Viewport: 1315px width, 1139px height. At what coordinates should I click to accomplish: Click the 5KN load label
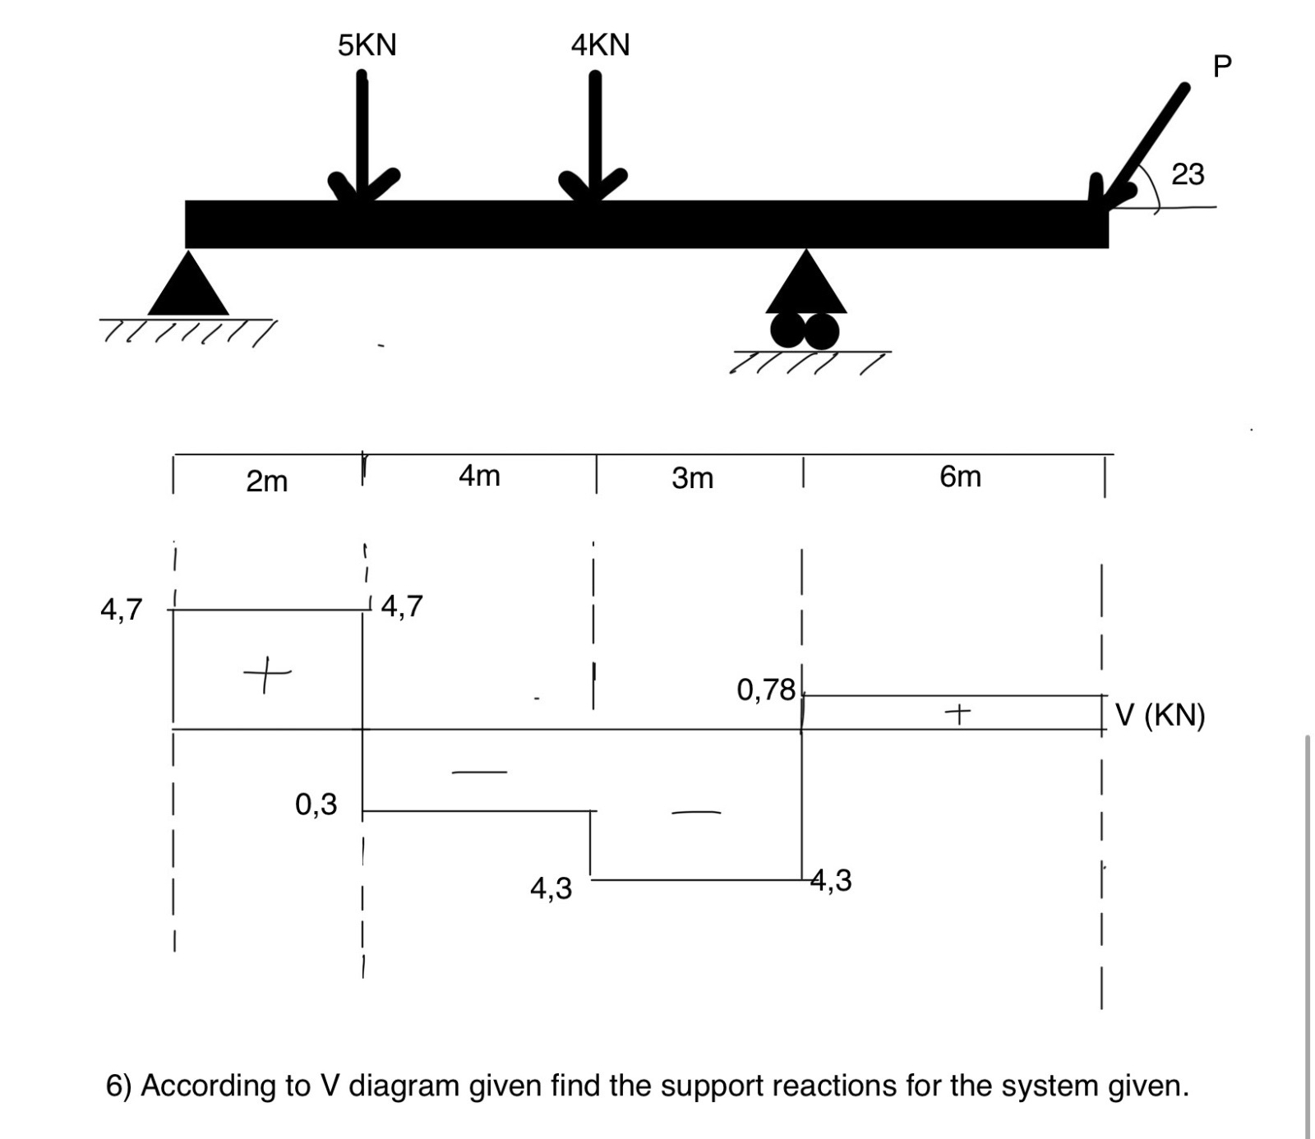[367, 45]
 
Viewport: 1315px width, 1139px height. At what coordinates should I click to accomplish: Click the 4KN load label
[600, 45]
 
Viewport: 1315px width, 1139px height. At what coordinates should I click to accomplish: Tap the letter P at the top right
[1222, 66]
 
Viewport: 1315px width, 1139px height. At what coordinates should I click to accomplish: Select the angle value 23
[1188, 174]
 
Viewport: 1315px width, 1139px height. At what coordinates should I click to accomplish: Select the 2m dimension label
[267, 481]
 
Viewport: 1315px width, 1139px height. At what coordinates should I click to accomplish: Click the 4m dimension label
[479, 475]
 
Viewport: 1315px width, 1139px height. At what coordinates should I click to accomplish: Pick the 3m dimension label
[692, 477]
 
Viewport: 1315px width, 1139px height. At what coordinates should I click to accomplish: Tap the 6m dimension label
[960, 477]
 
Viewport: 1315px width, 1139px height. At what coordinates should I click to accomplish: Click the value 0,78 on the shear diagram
[766, 689]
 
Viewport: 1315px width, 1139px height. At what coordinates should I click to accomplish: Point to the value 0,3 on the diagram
[316, 804]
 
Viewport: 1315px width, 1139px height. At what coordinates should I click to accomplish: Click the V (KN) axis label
[1160, 715]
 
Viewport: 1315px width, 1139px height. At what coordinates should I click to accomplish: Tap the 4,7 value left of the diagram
[121, 610]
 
